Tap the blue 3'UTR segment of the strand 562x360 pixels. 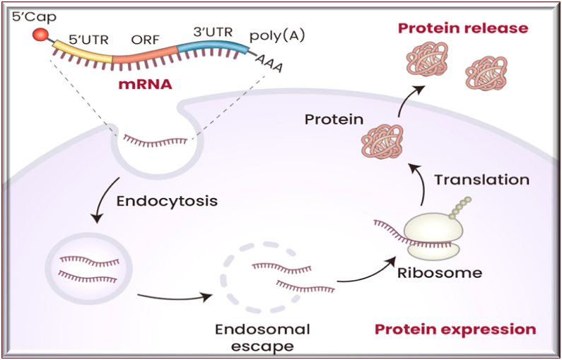click(x=212, y=49)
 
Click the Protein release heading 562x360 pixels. click(x=463, y=28)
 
